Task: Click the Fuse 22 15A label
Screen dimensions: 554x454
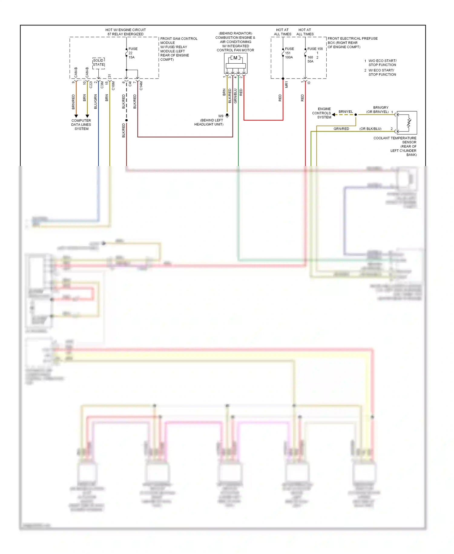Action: tap(133, 53)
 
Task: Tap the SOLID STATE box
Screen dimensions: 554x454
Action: tap(99, 63)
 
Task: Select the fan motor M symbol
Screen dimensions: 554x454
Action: tap(235, 58)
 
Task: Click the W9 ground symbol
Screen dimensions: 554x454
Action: tap(227, 116)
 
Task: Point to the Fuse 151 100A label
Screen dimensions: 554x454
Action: tap(289, 53)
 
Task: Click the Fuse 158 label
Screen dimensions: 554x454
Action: tap(315, 49)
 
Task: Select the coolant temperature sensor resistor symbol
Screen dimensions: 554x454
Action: tap(409, 123)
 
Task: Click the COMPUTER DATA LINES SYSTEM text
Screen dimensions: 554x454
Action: tap(81, 125)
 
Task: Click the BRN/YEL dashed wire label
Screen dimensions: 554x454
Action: tap(346, 112)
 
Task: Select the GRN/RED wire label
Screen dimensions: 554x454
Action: tap(341, 129)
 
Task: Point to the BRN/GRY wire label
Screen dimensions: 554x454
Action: tap(380, 108)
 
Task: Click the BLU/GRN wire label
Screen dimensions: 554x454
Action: tap(96, 102)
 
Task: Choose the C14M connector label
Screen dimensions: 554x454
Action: tap(141, 86)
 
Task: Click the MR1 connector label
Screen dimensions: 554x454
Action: tap(286, 85)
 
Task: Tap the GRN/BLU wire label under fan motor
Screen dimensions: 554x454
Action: tap(235, 96)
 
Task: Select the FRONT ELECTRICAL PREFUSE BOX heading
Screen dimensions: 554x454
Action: tap(352, 43)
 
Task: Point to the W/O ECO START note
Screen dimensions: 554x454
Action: tap(382, 63)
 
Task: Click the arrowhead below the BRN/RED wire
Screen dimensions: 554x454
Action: tap(76, 116)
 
